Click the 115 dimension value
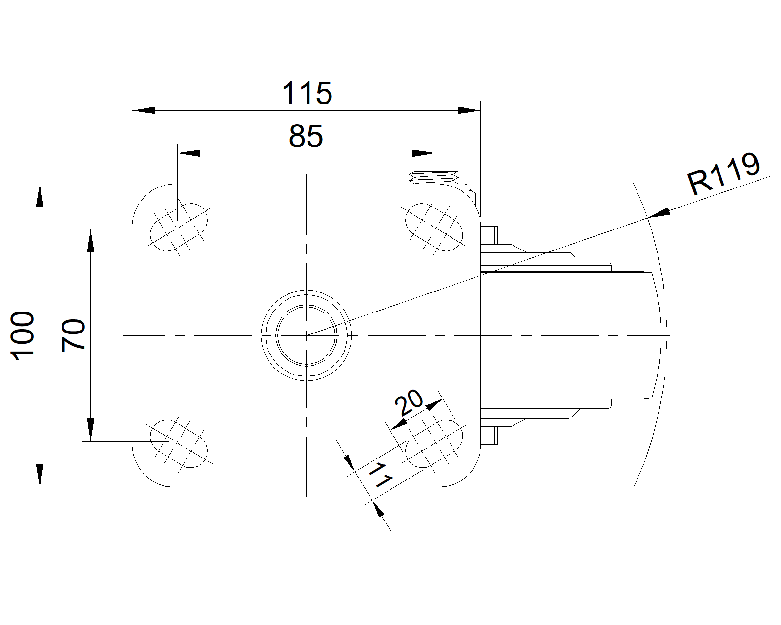[x=307, y=93]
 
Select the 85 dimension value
[x=306, y=136]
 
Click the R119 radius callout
[x=723, y=174]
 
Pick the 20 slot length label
[x=409, y=402]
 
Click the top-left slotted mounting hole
[x=179, y=227]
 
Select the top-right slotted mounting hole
[x=433, y=227]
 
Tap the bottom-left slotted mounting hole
[x=179, y=444]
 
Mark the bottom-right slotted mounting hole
[x=433, y=444]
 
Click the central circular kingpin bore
[x=307, y=335]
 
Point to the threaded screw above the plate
[x=433, y=177]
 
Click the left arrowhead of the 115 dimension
[x=144, y=110]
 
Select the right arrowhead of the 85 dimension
[x=424, y=153]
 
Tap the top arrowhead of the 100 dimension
[x=40, y=195]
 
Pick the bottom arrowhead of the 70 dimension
[x=91, y=430]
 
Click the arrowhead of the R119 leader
[x=659, y=213]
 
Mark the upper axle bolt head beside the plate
[x=489, y=235]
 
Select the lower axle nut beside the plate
[x=489, y=436]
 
